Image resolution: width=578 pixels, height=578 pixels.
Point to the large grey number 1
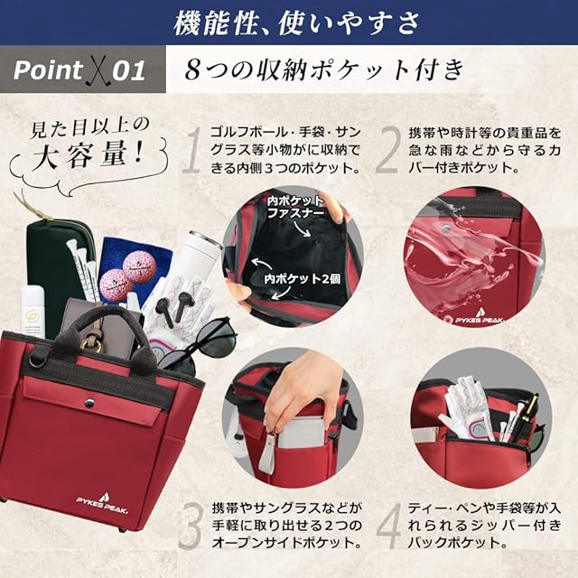click(192, 150)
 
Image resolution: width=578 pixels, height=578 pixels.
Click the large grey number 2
click(387, 150)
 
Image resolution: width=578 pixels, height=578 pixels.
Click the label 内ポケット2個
click(302, 279)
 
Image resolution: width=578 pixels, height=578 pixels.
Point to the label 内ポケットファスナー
click(295, 207)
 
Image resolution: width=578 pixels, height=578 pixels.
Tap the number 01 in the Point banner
click(128, 70)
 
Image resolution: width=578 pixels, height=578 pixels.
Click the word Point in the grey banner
click(48, 70)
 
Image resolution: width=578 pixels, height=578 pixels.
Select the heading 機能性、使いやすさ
click(296, 23)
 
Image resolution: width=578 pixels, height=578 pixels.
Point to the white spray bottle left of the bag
click(33, 312)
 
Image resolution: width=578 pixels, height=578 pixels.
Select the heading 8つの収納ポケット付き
click(324, 70)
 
